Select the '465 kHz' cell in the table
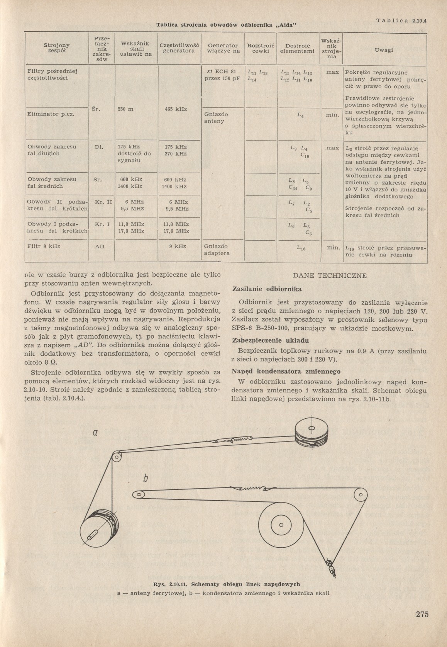point(176,109)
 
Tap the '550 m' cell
point(125,109)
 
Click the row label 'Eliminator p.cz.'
point(51,114)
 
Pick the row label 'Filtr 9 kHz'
point(44,246)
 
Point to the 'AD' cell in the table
point(100,246)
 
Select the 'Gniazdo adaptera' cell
point(217,250)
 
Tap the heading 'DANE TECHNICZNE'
point(330,276)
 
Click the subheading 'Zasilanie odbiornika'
point(267,289)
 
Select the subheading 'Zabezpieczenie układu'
point(270,341)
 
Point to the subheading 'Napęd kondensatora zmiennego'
point(286,371)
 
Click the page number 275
point(422,615)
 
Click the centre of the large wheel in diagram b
point(281,525)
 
